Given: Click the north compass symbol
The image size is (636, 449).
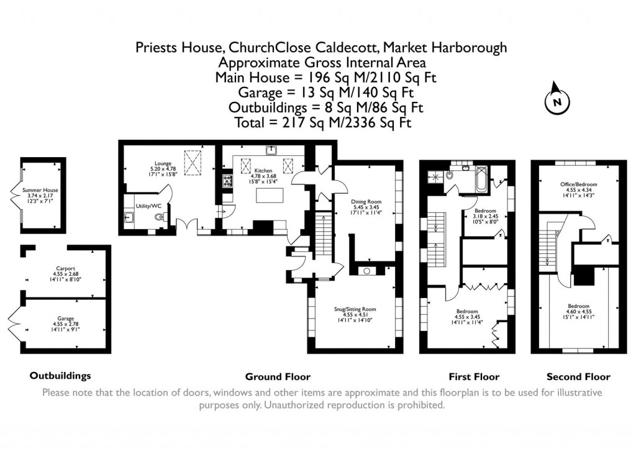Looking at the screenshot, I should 557,101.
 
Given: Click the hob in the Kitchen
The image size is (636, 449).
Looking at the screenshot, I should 227,181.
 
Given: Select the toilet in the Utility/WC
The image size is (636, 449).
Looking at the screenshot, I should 160,217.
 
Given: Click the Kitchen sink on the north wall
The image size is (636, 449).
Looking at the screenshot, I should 271,150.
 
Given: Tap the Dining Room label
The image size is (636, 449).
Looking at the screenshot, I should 366,202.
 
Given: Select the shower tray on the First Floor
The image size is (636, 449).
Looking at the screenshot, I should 438,176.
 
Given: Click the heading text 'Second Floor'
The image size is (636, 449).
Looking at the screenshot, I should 578,376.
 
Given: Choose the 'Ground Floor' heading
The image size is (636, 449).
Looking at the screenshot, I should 278,376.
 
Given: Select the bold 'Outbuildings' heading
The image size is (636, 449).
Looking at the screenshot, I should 60,376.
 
